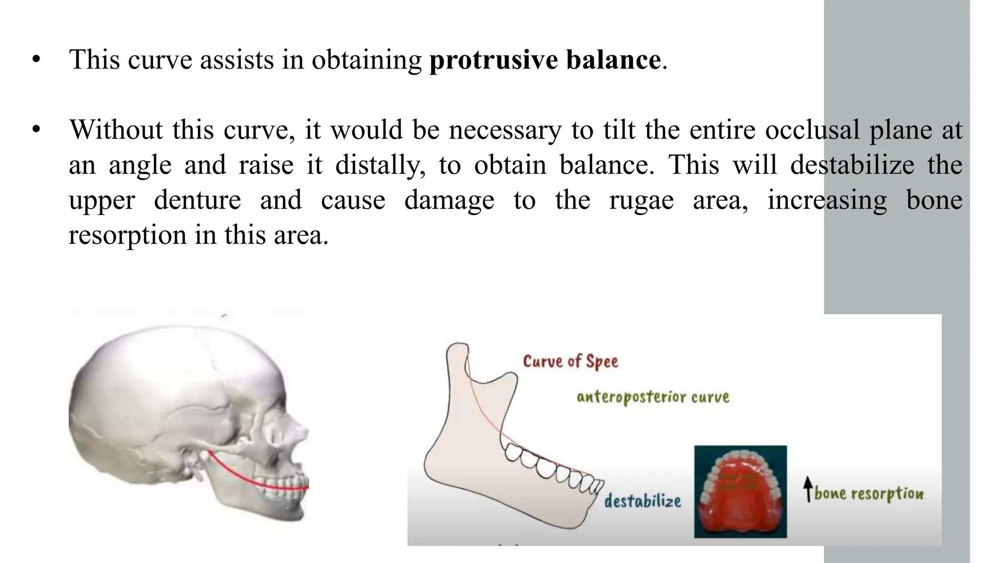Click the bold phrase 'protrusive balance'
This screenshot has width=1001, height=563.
[545, 60]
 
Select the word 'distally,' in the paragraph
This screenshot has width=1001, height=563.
[377, 165]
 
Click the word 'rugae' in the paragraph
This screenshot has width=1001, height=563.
[641, 200]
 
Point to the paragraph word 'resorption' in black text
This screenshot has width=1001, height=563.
[127, 236]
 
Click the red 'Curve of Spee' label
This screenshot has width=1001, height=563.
[570, 362]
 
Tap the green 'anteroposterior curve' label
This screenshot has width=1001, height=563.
[653, 397]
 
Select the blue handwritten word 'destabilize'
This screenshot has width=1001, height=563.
[642, 501]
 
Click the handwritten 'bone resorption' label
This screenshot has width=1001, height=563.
[869, 494]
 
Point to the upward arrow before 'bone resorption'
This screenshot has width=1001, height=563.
[808, 489]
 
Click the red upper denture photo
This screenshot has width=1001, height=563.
[740, 491]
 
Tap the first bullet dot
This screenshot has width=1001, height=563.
[36, 60]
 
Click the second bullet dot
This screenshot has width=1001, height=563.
[36, 130]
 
